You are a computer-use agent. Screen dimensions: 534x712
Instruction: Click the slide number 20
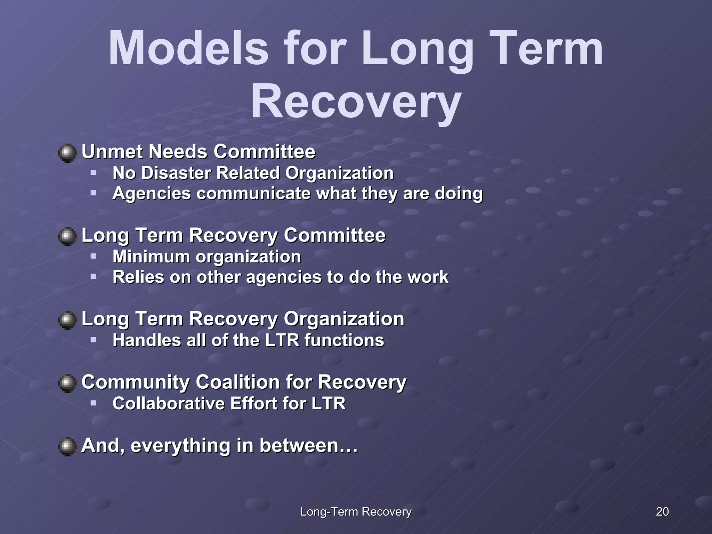click(662, 511)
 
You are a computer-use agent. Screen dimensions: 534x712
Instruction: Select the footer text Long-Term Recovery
click(356, 511)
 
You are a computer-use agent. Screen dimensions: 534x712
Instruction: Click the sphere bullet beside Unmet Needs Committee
click(67, 153)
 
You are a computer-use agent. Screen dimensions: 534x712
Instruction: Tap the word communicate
click(253, 193)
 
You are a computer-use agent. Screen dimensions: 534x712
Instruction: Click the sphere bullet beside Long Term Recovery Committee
click(67, 236)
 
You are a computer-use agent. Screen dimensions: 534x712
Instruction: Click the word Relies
click(138, 277)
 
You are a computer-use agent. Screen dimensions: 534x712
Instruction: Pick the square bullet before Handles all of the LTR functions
click(93, 340)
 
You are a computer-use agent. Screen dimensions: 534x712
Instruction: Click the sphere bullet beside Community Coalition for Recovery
click(67, 383)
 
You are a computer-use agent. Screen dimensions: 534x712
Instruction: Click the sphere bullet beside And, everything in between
click(67, 446)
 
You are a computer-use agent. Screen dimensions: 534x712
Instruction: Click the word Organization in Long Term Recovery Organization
click(344, 319)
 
